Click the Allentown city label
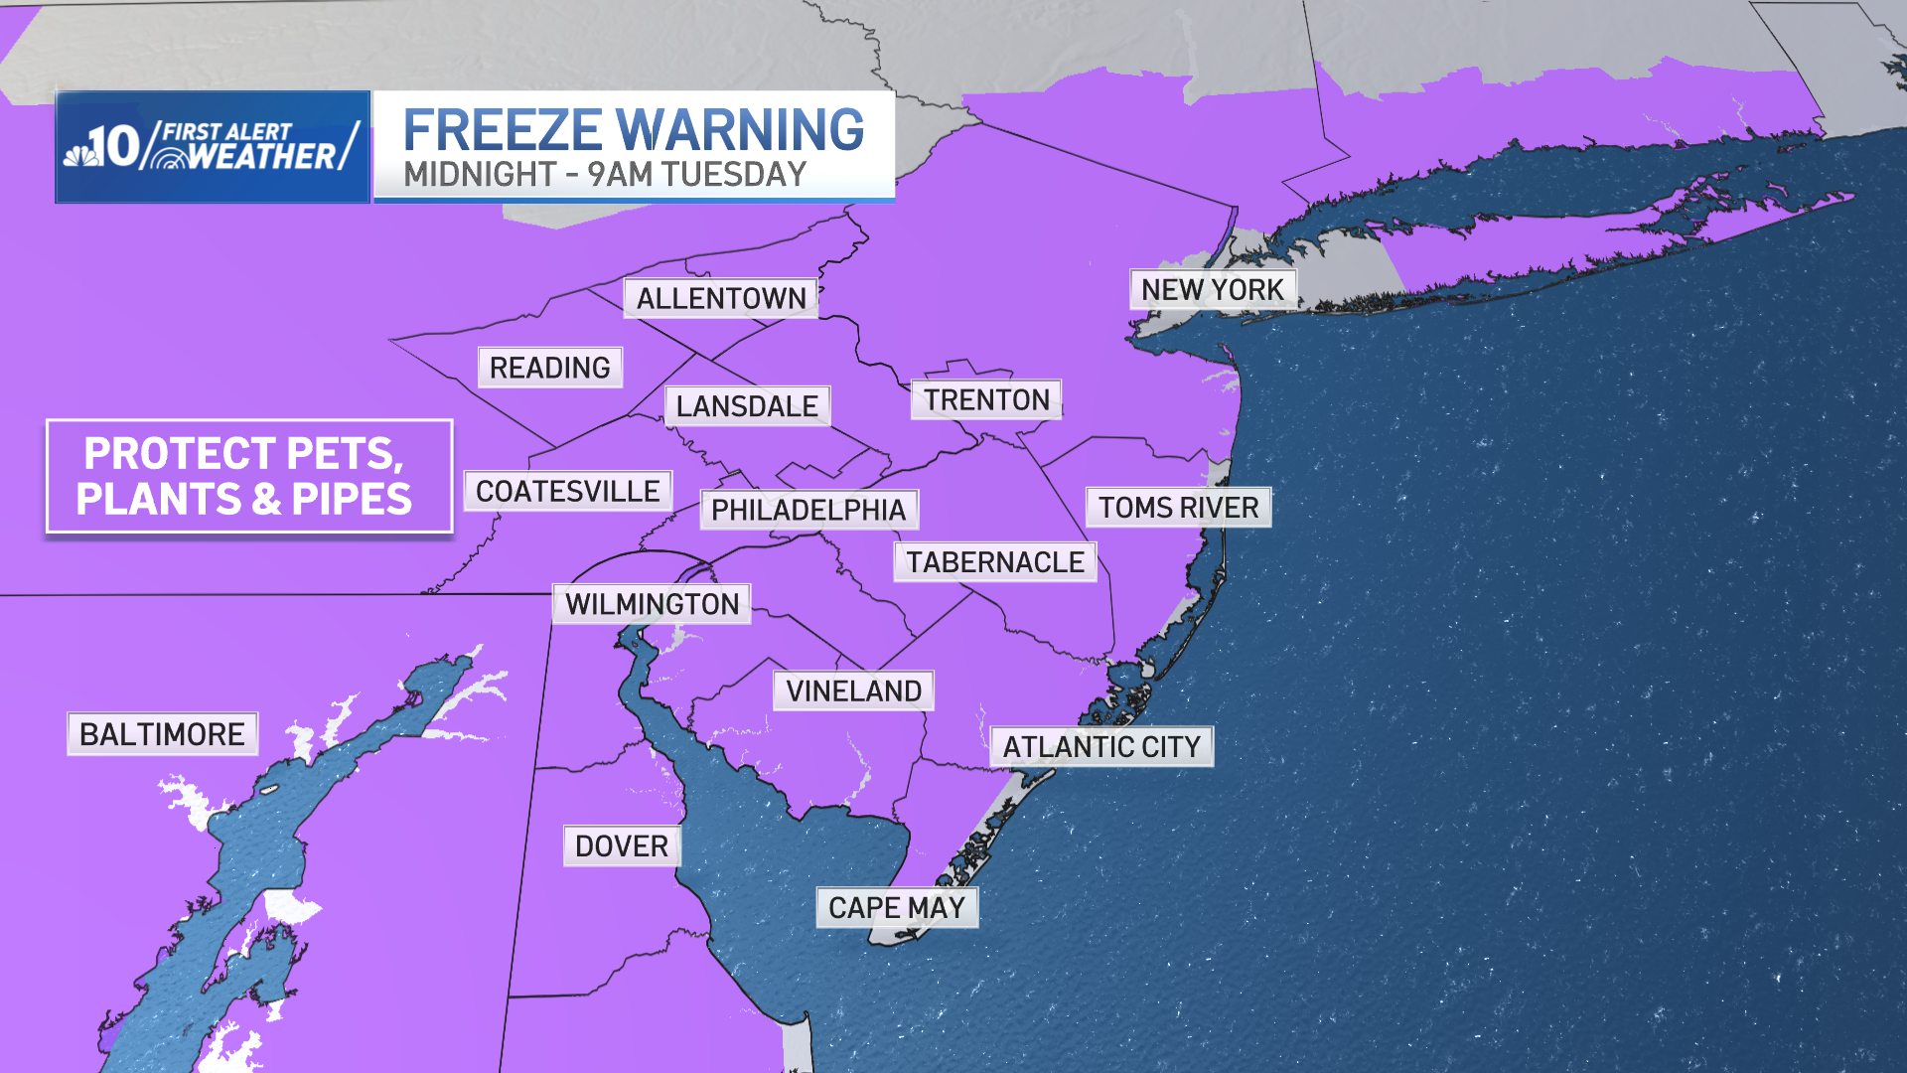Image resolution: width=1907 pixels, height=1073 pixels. click(x=721, y=298)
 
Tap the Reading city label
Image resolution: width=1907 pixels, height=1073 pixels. click(x=549, y=368)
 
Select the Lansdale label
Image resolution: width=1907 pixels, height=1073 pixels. click(x=747, y=406)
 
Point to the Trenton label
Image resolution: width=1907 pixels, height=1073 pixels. click(x=986, y=399)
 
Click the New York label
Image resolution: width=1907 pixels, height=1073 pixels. click(x=1212, y=289)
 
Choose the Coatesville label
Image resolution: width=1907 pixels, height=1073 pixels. click(x=567, y=491)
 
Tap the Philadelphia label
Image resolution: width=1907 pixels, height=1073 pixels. click(x=808, y=510)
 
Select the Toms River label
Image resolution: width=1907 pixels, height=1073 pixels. click(x=1178, y=508)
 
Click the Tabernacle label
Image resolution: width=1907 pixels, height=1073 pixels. click(x=995, y=562)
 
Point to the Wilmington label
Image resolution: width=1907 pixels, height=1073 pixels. click(x=652, y=604)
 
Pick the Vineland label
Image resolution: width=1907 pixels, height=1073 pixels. click(x=853, y=690)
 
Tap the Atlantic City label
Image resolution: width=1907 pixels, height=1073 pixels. click(x=1101, y=746)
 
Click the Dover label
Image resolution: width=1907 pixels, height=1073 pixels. click(x=622, y=846)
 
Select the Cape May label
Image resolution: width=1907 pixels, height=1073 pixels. click(x=897, y=907)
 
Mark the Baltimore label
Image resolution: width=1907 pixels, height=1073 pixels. click(x=162, y=734)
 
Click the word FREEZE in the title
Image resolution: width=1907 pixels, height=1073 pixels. click(x=502, y=130)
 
